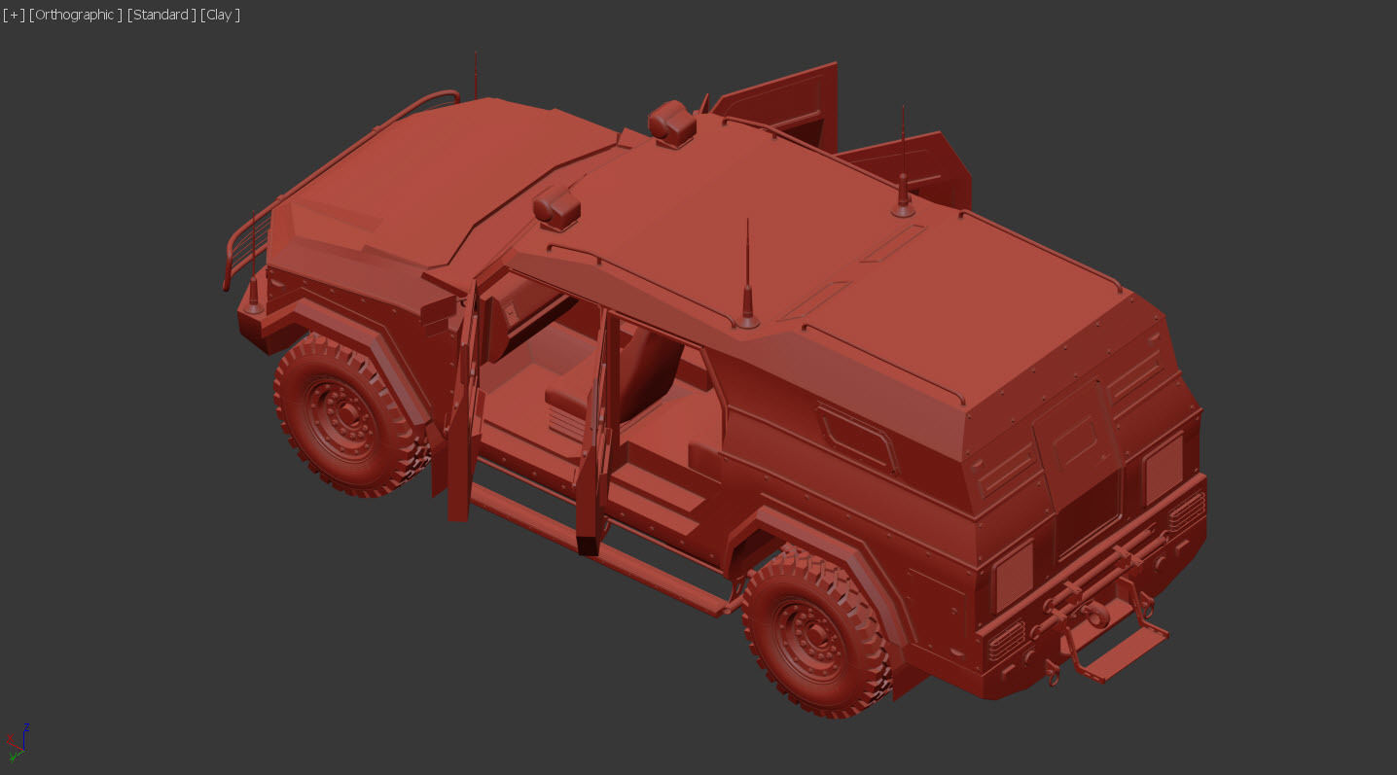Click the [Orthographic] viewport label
(76, 15)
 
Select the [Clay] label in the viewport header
(220, 15)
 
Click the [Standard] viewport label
(161, 15)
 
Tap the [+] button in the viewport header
(14, 15)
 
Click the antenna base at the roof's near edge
(747, 319)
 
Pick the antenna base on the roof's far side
(904, 207)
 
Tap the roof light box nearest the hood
(556, 207)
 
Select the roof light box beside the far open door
(672, 123)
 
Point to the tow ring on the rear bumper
(1053, 671)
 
